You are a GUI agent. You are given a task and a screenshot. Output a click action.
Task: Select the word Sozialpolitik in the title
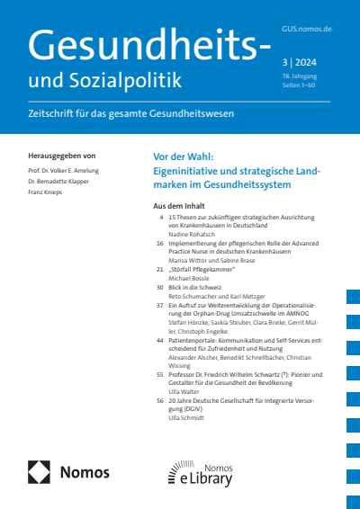tap(135, 81)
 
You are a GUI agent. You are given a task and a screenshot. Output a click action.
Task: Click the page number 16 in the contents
tap(159, 244)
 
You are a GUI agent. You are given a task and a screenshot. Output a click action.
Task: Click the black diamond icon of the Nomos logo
tap(40, 471)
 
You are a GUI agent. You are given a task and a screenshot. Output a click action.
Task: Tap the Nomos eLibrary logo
tap(200, 471)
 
